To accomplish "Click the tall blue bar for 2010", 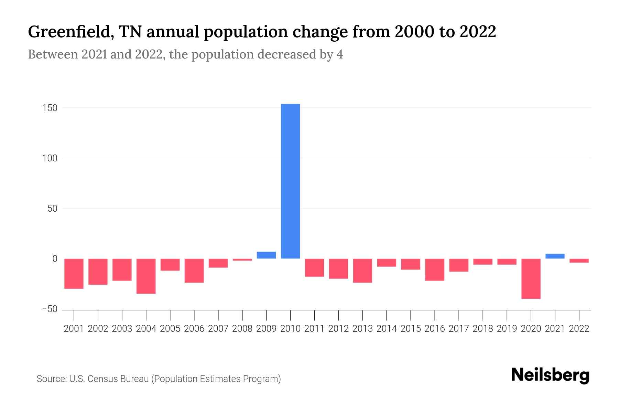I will point(290,181).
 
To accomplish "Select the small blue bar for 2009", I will point(266,255).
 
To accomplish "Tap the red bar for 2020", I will point(531,278).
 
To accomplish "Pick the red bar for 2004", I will point(146,276).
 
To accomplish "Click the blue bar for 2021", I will point(555,256).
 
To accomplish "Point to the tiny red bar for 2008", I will point(242,260).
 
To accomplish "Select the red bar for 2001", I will point(74,274).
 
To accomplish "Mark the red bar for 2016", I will point(435,269).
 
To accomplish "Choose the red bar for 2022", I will point(579,261).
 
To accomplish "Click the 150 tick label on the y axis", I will point(50,108).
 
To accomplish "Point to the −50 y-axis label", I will point(50,309).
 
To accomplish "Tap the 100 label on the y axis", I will point(50,158).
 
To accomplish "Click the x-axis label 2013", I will point(362,329).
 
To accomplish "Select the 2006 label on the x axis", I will point(194,329).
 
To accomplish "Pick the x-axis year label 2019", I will point(507,329).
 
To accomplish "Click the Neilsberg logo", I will point(550,375).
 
